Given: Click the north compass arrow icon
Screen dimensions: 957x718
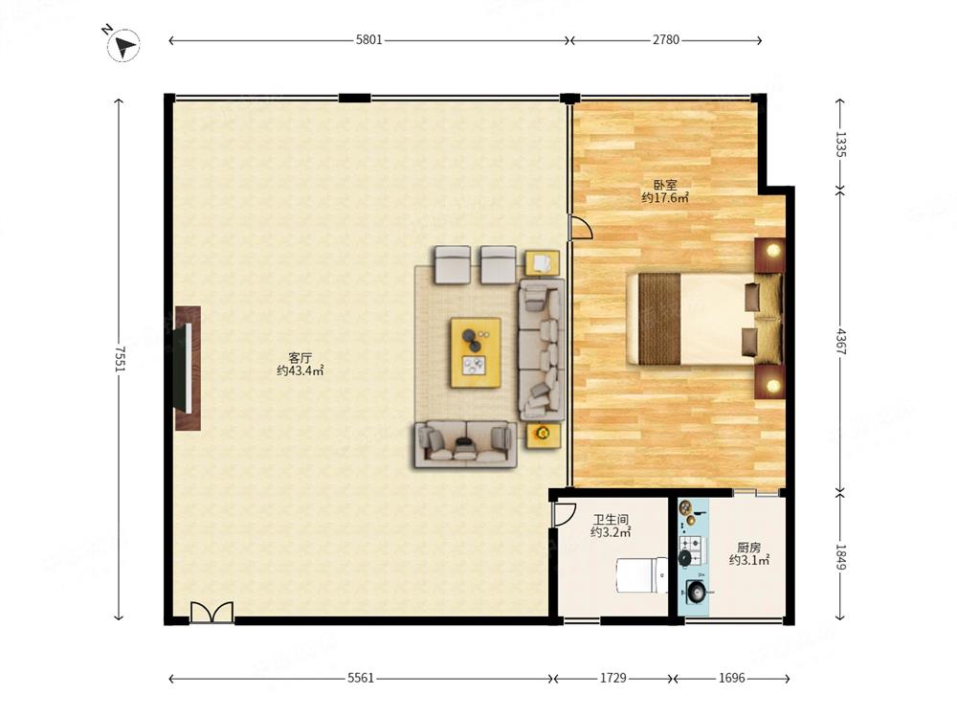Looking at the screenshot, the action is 123,45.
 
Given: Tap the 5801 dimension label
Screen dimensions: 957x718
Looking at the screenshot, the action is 368,39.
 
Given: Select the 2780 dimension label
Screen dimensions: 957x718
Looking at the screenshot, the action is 666,39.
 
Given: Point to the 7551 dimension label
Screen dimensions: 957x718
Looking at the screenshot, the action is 120,359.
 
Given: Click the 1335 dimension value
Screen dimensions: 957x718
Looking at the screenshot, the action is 840,145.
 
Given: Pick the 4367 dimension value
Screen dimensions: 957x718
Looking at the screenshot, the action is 840,342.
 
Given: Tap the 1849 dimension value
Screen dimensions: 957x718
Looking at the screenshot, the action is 840,557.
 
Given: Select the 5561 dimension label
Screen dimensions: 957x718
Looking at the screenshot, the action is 360,678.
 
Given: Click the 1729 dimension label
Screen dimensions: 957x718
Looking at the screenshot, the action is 612,678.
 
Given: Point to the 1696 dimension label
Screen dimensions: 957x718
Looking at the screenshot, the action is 731,678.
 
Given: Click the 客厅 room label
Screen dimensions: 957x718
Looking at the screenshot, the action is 300,358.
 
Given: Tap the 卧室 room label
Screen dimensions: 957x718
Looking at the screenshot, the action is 665,185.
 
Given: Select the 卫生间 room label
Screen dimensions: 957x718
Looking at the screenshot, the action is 611,520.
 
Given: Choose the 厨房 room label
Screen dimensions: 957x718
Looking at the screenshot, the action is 749,548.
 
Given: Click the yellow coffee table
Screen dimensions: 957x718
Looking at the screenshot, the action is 476,352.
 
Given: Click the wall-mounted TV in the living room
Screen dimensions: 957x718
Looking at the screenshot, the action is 187,369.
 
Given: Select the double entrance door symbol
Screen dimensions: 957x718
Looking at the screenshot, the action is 211,612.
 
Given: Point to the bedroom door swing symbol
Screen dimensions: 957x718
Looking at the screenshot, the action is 580,227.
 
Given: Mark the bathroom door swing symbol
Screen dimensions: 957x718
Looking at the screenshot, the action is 564,514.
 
